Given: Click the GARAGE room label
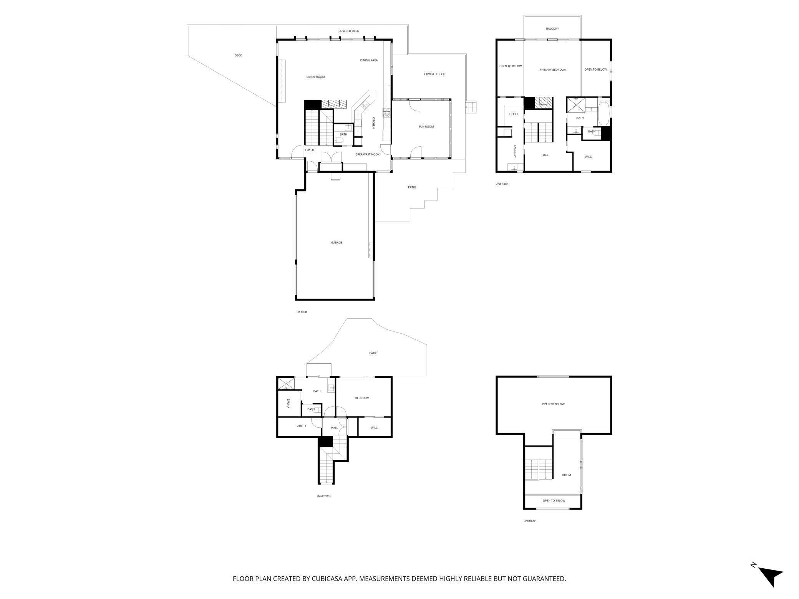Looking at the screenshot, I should tap(337, 243).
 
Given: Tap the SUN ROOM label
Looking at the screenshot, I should tap(426, 127).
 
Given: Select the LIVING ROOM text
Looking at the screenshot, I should tap(315, 77).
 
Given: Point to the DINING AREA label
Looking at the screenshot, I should tap(369, 60).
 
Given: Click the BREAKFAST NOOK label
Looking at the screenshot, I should tap(367, 154).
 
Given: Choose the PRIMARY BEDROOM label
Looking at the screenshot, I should tap(553, 70).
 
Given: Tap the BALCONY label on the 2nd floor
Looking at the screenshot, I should tap(552, 29).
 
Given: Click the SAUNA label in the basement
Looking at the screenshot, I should tap(288, 403).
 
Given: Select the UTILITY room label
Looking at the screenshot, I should tap(301, 425).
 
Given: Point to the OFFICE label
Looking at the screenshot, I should tap(514, 114).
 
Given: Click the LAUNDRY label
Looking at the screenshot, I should tap(515, 151).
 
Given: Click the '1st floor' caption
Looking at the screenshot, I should tap(302, 312).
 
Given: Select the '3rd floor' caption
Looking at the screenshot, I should tap(529, 521).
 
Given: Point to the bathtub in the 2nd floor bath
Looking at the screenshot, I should tap(603, 113).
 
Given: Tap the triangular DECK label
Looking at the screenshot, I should tap(238, 55).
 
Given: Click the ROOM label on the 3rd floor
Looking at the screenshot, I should tap(566, 475).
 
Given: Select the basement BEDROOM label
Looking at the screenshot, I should tap(362, 398).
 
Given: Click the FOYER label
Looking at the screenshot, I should tap(309, 150).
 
